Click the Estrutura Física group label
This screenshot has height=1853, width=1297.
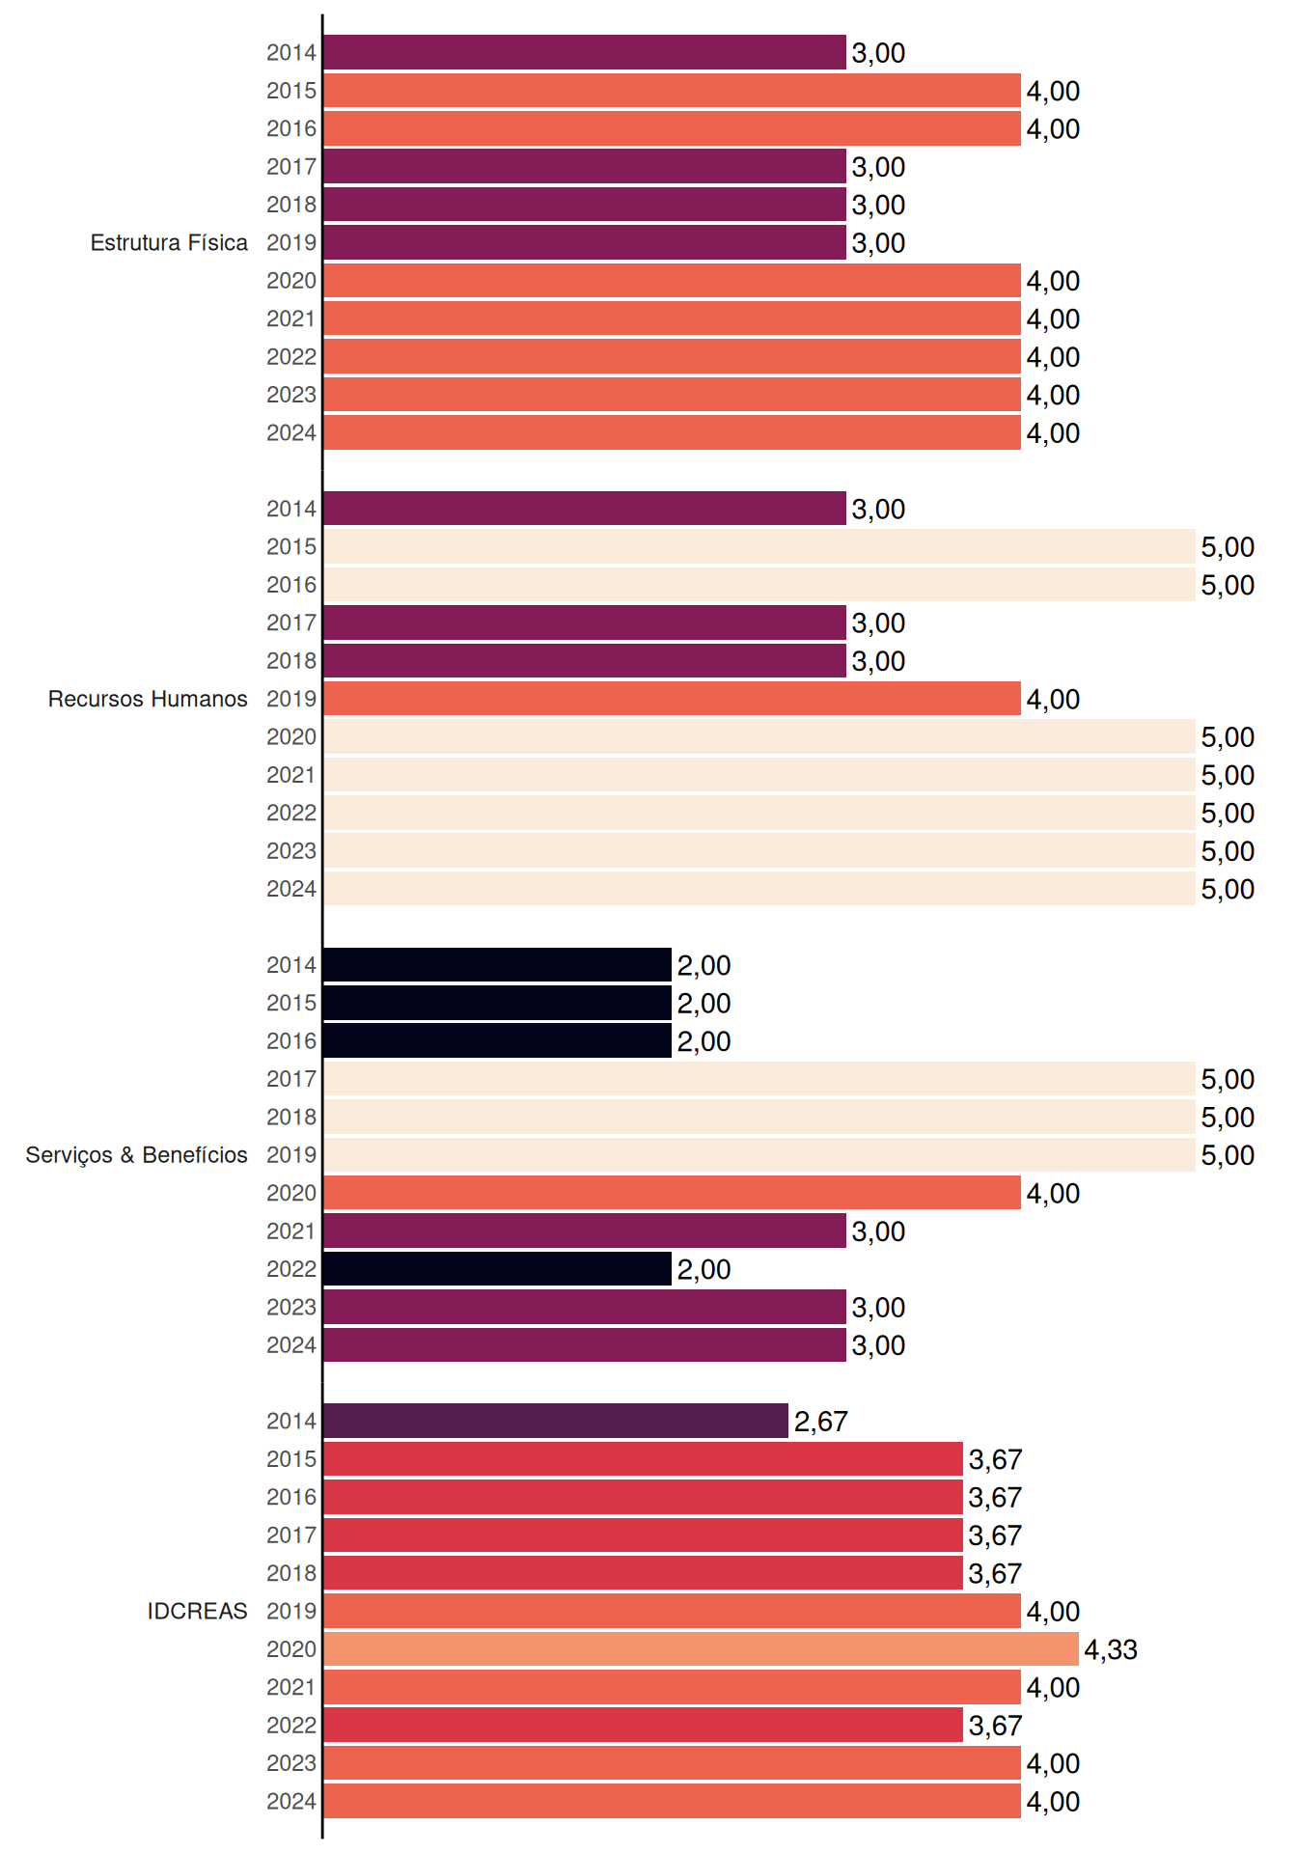coord(169,242)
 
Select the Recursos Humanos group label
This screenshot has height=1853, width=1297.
coord(148,699)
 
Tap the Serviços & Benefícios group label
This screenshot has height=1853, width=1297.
coord(136,1155)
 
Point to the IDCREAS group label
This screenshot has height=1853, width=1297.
coord(197,1611)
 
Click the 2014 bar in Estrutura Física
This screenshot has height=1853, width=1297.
coord(585,52)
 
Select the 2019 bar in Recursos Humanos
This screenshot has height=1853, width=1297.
coord(672,699)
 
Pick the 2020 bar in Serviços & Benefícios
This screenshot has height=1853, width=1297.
coord(672,1193)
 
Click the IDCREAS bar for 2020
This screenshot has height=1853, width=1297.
coord(701,1649)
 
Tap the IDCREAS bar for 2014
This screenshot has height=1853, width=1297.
coord(556,1421)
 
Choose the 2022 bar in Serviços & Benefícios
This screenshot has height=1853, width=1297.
coord(498,1269)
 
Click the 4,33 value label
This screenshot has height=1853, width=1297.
coord(1111,1649)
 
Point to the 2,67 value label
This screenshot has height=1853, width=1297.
coord(821,1421)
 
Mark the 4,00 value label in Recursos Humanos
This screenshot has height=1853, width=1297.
coord(1053,699)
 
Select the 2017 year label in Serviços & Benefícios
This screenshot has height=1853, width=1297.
coord(291,1079)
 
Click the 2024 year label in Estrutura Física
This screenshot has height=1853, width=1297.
coord(291,432)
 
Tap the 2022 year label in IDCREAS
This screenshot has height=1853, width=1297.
coord(291,1725)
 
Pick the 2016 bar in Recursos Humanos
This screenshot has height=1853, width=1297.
coord(759,585)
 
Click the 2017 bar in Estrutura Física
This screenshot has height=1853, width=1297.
coord(585,166)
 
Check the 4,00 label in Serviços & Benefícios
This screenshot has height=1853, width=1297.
coord(1053,1193)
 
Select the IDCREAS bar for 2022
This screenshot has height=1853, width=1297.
coord(643,1725)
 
